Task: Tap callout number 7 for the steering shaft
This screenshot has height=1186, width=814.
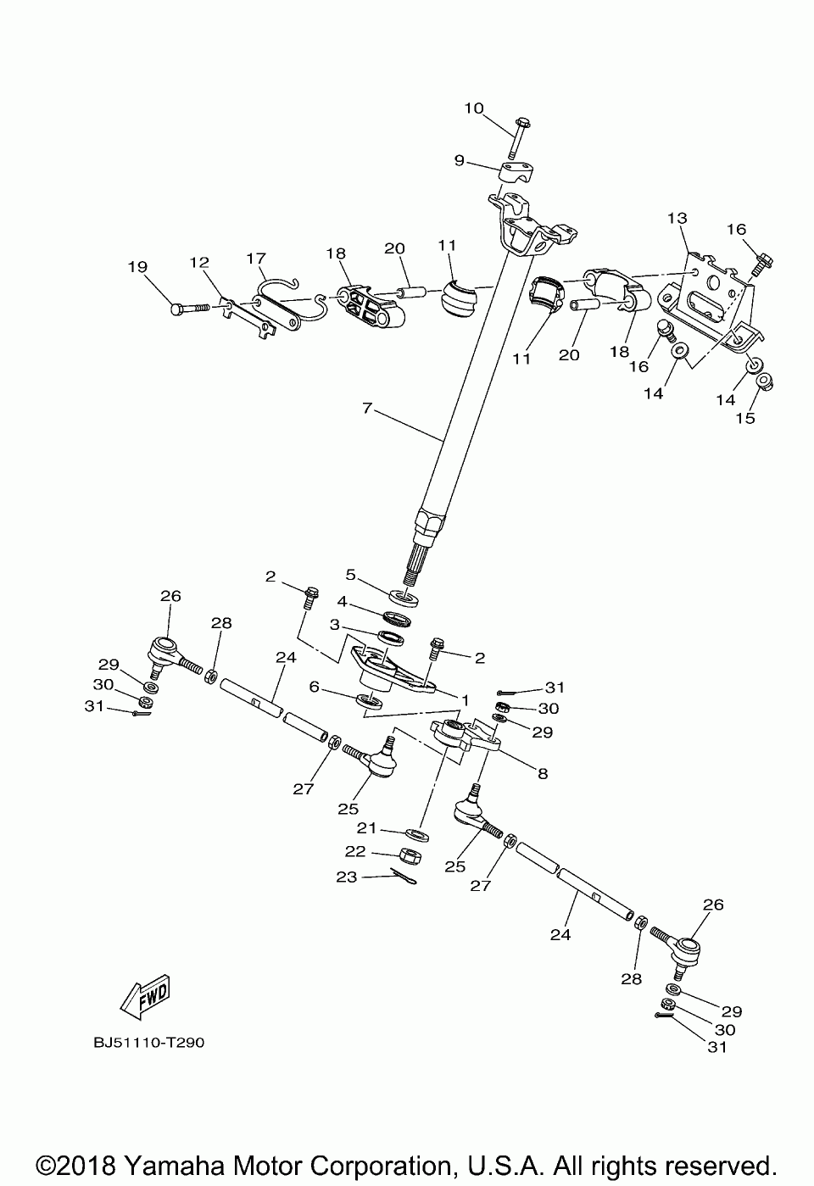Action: tap(366, 409)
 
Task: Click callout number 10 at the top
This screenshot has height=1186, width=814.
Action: tap(473, 108)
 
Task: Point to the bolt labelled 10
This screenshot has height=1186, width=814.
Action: tap(519, 136)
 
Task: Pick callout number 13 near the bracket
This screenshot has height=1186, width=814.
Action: tap(677, 218)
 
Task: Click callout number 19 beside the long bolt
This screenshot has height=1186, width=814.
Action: tap(137, 266)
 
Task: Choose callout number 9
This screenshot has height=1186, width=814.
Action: tap(459, 160)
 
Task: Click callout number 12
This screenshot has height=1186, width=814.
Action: tap(199, 263)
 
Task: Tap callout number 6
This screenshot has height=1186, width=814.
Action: tap(315, 688)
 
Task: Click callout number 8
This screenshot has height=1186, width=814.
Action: tap(542, 773)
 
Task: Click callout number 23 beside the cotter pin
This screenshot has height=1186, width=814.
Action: tap(347, 878)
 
